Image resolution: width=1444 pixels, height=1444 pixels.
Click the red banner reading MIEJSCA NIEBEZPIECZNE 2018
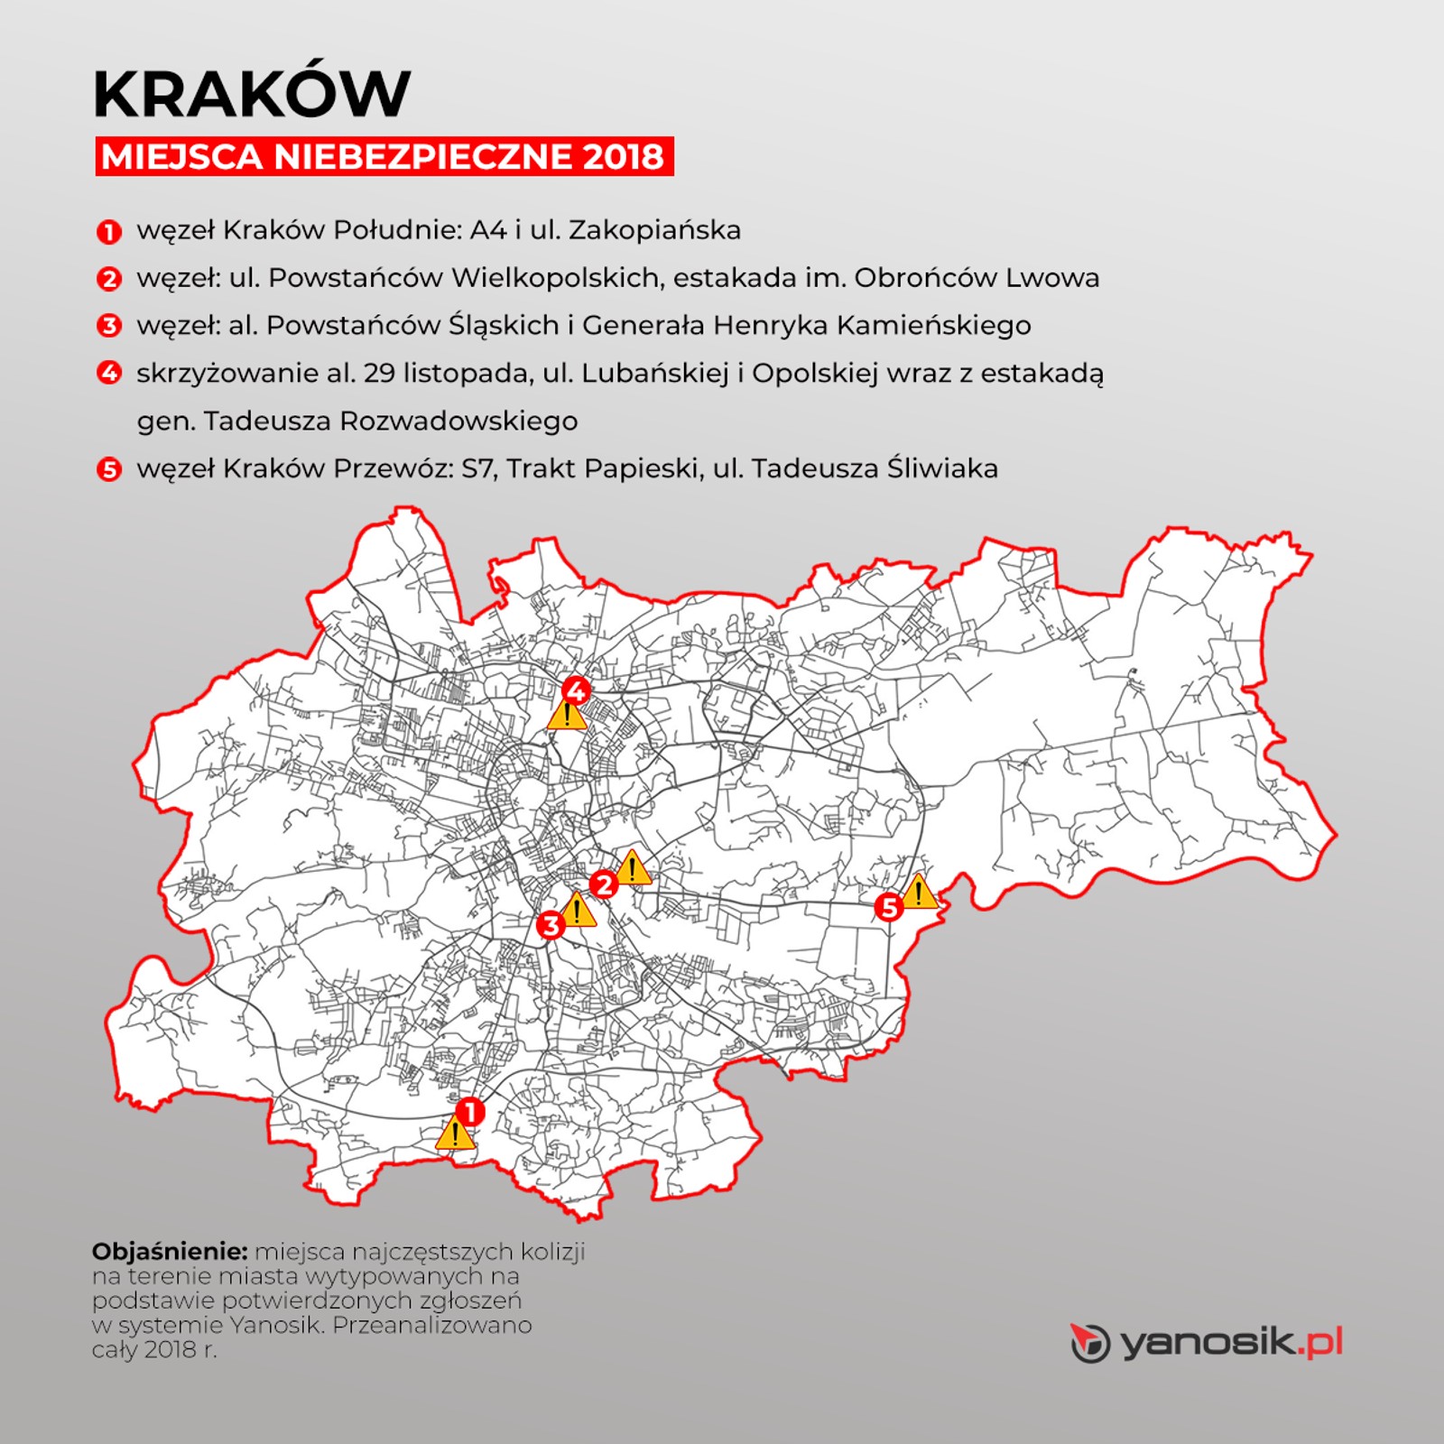(384, 156)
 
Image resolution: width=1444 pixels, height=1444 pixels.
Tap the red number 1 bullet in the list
(108, 231)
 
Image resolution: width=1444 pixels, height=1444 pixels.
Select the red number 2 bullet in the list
(108, 278)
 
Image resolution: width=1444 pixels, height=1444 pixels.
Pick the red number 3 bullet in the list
(108, 325)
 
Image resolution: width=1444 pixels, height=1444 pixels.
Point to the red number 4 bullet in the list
(108, 372)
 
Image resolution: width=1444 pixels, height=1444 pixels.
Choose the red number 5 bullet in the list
(108, 469)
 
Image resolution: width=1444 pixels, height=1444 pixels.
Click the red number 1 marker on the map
(469, 1111)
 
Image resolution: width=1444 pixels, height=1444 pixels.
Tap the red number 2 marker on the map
(603, 884)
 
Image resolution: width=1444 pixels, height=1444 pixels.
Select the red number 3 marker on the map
(550, 925)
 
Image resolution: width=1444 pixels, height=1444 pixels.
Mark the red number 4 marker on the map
(576, 692)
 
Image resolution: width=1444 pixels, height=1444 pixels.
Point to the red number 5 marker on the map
(889, 906)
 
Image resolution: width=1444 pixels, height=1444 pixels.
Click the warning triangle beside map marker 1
(455, 1134)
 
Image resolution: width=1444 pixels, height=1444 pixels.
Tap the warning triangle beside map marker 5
(919, 893)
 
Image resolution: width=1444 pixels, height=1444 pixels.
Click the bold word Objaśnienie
(170, 1252)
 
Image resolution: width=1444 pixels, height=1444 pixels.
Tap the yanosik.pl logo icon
(1089, 1343)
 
